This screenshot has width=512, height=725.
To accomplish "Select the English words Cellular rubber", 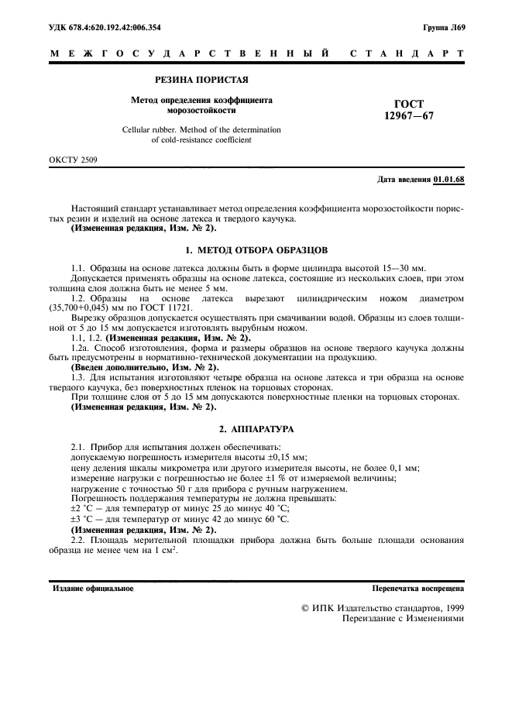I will click(150, 129).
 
